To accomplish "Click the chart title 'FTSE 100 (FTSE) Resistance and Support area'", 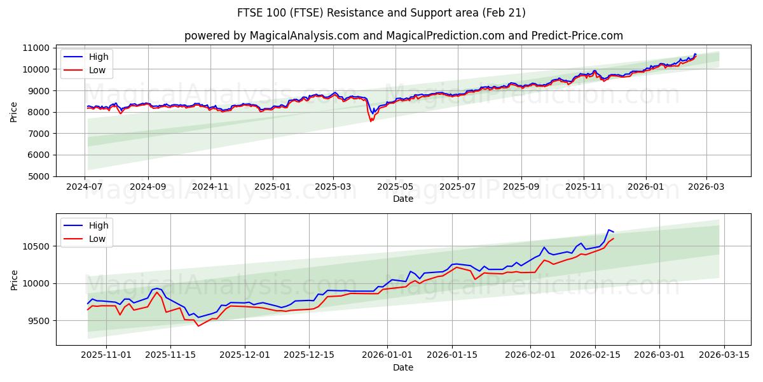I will pos(381,13).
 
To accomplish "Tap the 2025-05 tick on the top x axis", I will pos(395,187).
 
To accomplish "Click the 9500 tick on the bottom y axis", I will pos(40,321).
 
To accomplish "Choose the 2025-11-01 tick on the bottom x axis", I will pos(106,355).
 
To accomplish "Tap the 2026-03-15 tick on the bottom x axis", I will pos(725,355).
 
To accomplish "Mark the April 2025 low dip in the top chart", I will pos(371,120).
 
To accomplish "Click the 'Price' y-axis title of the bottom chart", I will pos(15,279).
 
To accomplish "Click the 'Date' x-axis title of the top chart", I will pos(403,199).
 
